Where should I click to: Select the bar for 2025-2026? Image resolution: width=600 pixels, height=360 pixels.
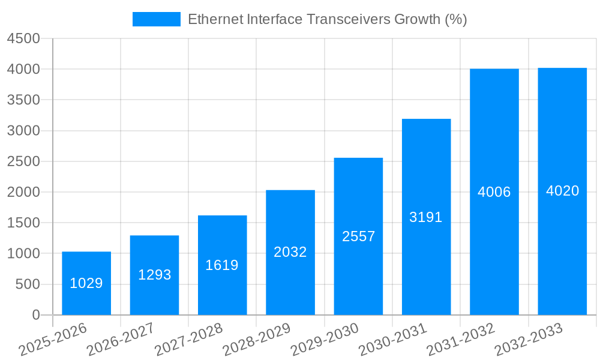tap(86, 283)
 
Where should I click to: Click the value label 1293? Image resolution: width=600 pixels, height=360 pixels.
tap(154, 275)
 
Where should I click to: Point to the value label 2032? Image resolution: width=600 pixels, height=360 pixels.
tap(290, 252)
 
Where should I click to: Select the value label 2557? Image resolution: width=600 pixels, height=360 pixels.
tap(358, 236)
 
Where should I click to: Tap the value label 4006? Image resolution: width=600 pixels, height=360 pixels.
tap(494, 192)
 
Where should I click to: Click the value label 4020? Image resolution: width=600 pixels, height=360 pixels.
tap(562, 191)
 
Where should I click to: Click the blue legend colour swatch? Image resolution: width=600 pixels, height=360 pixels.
tap(156, 19)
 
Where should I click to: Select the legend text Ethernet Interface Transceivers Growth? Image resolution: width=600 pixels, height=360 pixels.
tap(327, 19)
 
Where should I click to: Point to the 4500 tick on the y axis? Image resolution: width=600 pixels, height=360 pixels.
tap(23, 38)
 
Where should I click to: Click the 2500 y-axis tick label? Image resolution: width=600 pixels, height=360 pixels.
tap(23, 161)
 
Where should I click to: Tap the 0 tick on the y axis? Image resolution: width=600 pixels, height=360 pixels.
tap(35, 315)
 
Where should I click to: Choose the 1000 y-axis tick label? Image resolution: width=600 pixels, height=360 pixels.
tap(23, 254)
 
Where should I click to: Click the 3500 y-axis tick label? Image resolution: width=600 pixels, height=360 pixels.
tap(23, 100)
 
